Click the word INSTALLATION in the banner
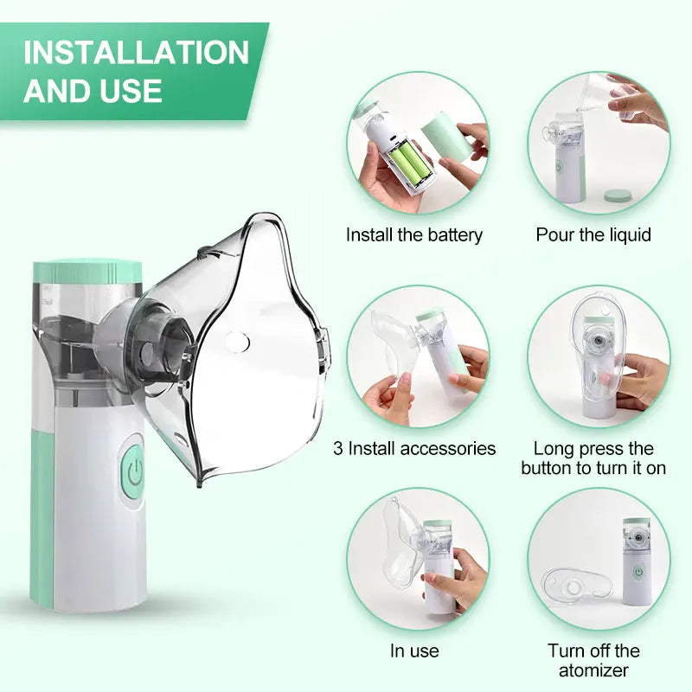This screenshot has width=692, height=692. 136,52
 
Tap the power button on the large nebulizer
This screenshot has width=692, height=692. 133,471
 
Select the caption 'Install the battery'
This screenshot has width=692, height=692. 414,234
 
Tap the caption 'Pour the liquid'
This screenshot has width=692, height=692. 593,234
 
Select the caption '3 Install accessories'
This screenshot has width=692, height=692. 414,448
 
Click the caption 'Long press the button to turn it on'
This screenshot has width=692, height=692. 593,458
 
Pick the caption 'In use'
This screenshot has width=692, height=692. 414,650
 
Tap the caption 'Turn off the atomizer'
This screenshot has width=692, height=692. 593,660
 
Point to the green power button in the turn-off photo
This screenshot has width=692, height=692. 638,572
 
